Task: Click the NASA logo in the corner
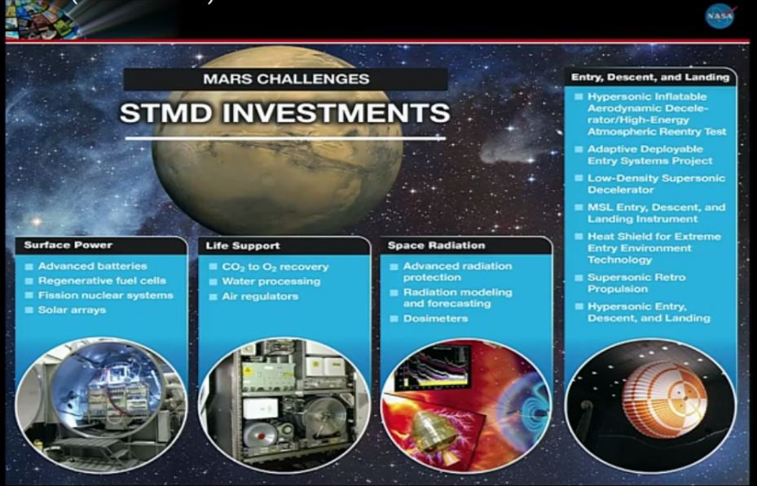click(x=720, y=16)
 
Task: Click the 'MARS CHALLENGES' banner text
click(x=286, y=79)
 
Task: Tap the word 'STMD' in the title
click(x=165, y=112)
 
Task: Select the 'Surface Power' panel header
click(x=68, y=245)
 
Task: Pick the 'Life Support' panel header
click(x=242, y=245)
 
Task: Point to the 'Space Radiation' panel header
click(x=436, y=245)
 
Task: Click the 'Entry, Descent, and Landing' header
click(x=649, y=77)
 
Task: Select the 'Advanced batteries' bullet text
click(x=92, y=265)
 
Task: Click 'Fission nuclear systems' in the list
click(x=105, y=295)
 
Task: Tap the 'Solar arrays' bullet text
click(x=72, y=310)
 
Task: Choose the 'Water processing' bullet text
click(x=271, y=282)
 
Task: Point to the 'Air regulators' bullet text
click(x=260, y=296)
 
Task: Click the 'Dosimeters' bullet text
click(x=435, y=318)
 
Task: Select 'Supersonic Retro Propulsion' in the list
click(x=636, y=283)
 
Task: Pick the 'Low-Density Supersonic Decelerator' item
click(x=656, y=184)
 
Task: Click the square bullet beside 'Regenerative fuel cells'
click(x=29, y=281)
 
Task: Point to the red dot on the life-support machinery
click(x=262, y=436)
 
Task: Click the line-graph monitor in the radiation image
click(x=433, y=367)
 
